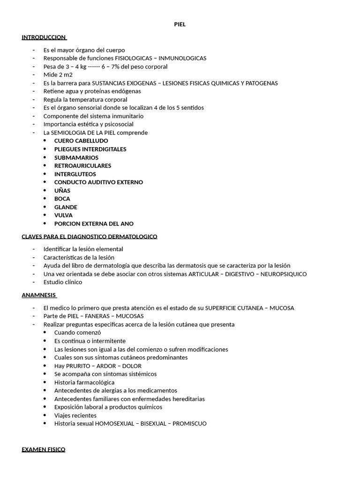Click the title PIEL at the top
point(180,24)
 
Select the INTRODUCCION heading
point(44,37)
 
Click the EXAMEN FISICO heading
point(44,449)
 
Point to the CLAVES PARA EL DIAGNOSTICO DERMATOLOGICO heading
point(90,236)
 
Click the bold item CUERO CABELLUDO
point(81,141)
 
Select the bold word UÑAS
point(62,190)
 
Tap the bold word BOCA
point(62,199)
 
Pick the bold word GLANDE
point(66,207)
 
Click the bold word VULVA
point(63,215)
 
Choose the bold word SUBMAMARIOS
point(76,157)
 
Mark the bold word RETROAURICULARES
point(82,165)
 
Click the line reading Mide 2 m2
point(58,75)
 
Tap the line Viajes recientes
point(75,415)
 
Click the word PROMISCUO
point(189,423)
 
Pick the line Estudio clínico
point(63,282)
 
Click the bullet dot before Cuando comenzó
point(45,332)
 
